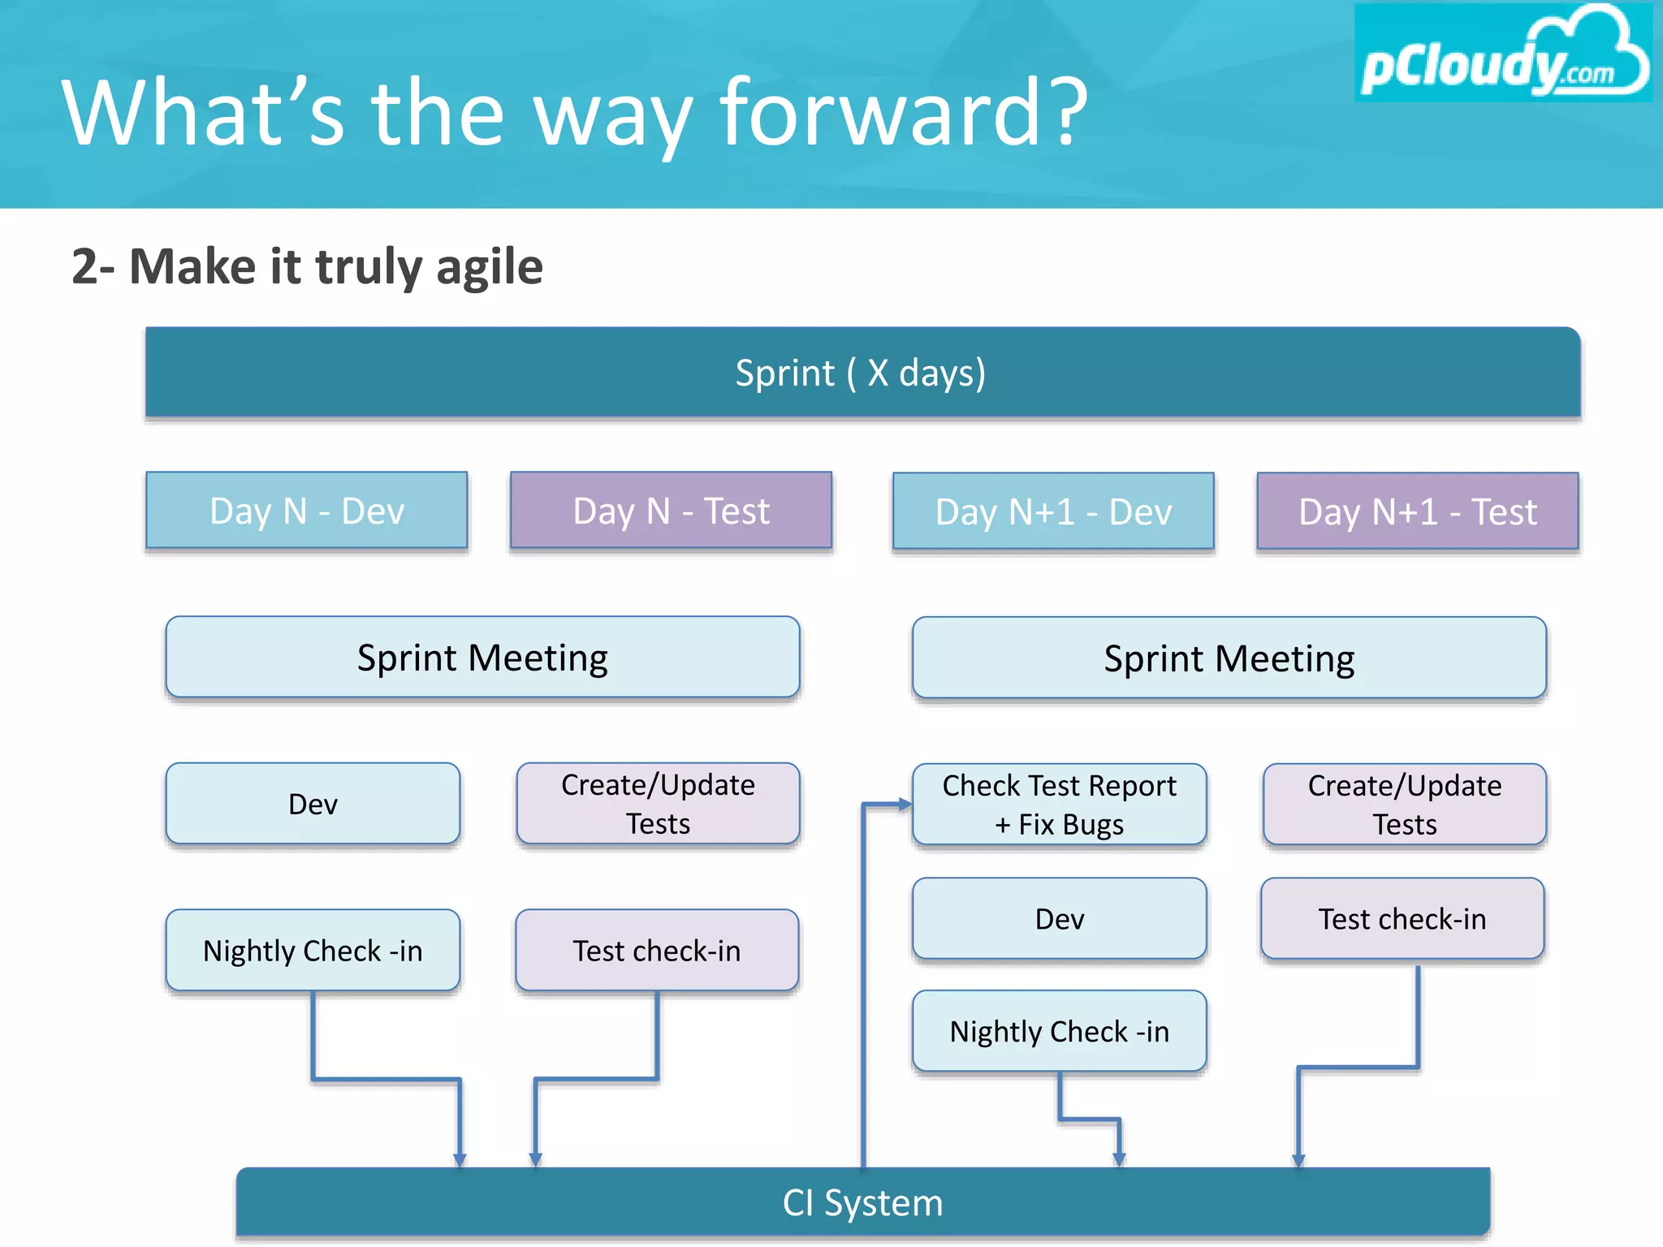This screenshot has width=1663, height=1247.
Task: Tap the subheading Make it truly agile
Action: (307, 266)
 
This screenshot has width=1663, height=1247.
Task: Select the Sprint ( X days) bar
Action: (862, 373)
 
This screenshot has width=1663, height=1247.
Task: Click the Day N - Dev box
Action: (307, 511)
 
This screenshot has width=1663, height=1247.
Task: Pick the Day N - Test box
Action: (671, 511)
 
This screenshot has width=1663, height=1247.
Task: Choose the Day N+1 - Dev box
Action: (1053, 511)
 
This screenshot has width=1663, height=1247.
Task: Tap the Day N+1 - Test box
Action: (1417, 511)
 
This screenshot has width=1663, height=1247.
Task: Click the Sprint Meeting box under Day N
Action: (482, 658)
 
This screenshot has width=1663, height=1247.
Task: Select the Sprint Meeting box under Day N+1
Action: (1229, 658)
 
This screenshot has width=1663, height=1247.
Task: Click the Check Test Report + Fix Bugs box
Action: (1059, 805)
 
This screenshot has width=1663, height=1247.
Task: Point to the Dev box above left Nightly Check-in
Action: (313, 804)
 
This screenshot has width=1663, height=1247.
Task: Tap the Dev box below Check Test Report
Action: (1059, 918)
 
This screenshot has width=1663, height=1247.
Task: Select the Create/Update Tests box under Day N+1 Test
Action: (1404, 805)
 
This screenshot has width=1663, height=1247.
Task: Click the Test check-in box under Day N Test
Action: (657, 950)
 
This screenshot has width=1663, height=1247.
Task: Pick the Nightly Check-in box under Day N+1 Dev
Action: (1059, 1031)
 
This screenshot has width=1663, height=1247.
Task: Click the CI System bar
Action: (862, 1202)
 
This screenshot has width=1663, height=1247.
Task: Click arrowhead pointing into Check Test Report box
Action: (905, 805)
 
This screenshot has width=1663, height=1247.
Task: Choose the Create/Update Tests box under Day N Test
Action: (658, 804)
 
